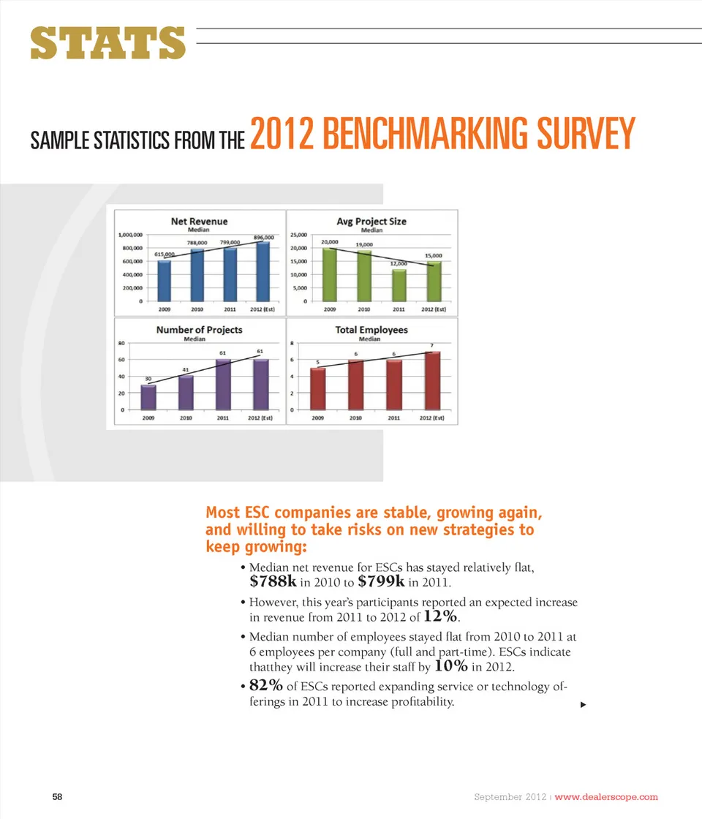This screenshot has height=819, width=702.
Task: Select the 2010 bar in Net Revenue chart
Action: tap(197, 274)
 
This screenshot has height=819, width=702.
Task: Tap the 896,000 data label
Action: tap(263, 238)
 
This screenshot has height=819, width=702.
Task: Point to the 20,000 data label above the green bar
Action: tap(330, 241)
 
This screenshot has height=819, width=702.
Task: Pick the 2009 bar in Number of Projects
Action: tap(148, 397)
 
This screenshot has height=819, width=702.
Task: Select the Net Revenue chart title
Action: tap(199, 221)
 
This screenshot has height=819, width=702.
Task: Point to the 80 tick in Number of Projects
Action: tap(121, 343)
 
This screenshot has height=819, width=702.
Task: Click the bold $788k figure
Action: tap(273, 582)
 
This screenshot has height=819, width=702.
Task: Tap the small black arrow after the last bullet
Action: tap(583, 704)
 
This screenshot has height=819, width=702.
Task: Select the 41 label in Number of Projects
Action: tap(186, 370)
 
